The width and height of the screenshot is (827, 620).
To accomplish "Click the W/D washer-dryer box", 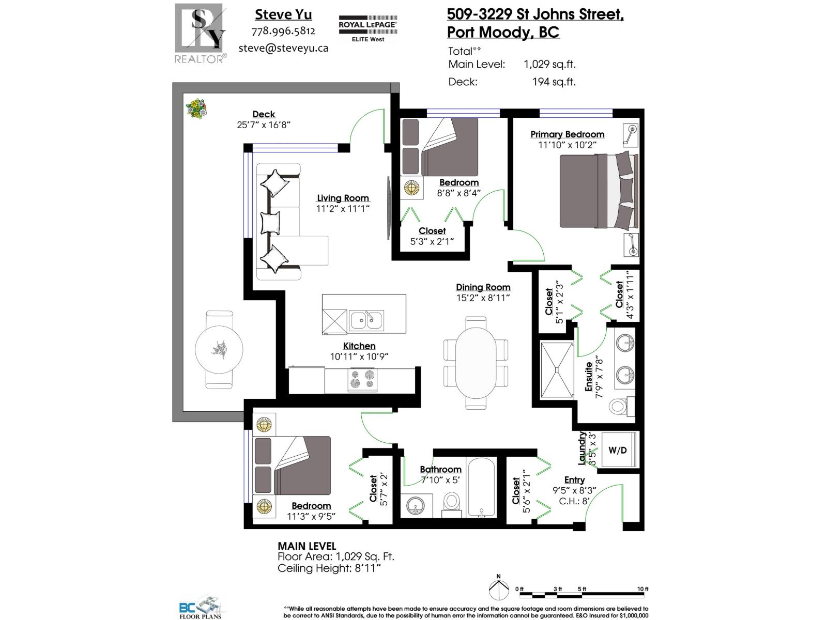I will click(617, 450).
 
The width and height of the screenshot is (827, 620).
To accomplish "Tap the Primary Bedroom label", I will click(567, 134).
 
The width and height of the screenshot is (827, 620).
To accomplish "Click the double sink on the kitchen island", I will click(366, 321).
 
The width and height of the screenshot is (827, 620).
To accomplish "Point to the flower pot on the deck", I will click(197, 109).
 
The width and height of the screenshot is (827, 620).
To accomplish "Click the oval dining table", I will click(476, 363).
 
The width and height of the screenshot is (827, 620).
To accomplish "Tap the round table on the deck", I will click(219, 349).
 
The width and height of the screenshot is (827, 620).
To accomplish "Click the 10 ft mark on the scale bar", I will click(642, 590).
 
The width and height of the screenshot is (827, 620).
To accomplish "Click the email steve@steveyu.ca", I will click(283, 48).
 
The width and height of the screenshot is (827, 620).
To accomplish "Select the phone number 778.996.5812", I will click(283, 31).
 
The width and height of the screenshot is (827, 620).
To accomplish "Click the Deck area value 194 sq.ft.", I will click(554, 82).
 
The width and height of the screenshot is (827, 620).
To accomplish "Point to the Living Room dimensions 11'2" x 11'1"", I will click(343, 209).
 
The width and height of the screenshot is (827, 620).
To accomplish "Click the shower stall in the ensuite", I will click(557, 369).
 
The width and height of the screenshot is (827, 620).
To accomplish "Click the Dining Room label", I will click(483, 287).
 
